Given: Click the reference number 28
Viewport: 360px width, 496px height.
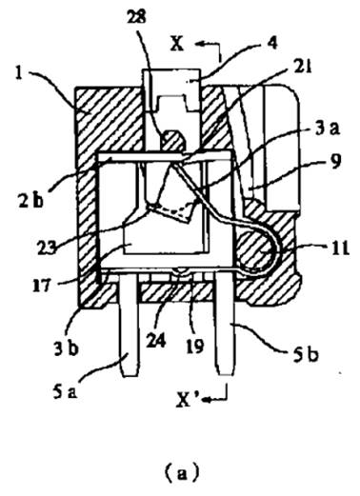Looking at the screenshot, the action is pyautogui.click(x=136, y=17).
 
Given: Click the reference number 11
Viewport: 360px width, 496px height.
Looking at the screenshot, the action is pyautogui.click(x=340, y=248).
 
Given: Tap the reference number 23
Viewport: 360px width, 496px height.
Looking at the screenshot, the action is pyautogui.click(x=47, y=247).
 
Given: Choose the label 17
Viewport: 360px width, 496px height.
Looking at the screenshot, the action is pyautogui.click(x=41, y=285).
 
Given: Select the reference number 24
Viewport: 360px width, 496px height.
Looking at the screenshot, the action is pyautogui.click(x=155, y=341).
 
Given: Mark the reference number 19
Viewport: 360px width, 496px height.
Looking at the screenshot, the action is pyautogui.click(x=195, y=347).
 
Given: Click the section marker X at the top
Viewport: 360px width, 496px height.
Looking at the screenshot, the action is pyautogui.click(x=177, y=44).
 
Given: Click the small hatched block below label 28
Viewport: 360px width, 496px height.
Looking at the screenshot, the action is pyautogui.click(x=172, y=140).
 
